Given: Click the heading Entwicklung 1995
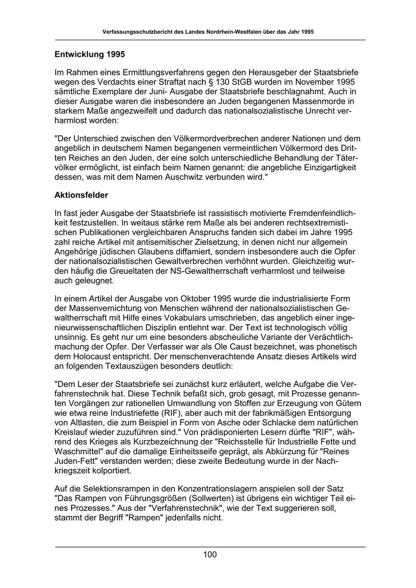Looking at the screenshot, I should [x=90, y=55].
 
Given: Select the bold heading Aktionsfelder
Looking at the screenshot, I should [x=81, y=195].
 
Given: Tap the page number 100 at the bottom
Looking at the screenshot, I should [x=209, y=555].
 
